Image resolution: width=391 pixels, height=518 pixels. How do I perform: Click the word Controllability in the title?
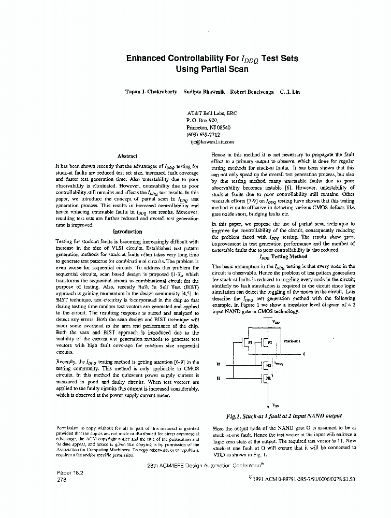tap(194, 59)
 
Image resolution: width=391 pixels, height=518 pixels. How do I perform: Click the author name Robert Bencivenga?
tap(252, 92)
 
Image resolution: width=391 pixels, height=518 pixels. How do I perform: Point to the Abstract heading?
tap(127, 156)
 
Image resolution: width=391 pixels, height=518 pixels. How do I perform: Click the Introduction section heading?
tap(127, 232)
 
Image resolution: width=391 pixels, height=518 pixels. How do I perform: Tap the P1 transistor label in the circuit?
tap(250, 343)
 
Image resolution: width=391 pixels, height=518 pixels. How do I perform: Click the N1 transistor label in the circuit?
tap(268, 378)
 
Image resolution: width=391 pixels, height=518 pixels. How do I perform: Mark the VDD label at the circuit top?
tap(275, 321)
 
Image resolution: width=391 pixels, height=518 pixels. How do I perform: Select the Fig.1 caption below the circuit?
tap(284, 416)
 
